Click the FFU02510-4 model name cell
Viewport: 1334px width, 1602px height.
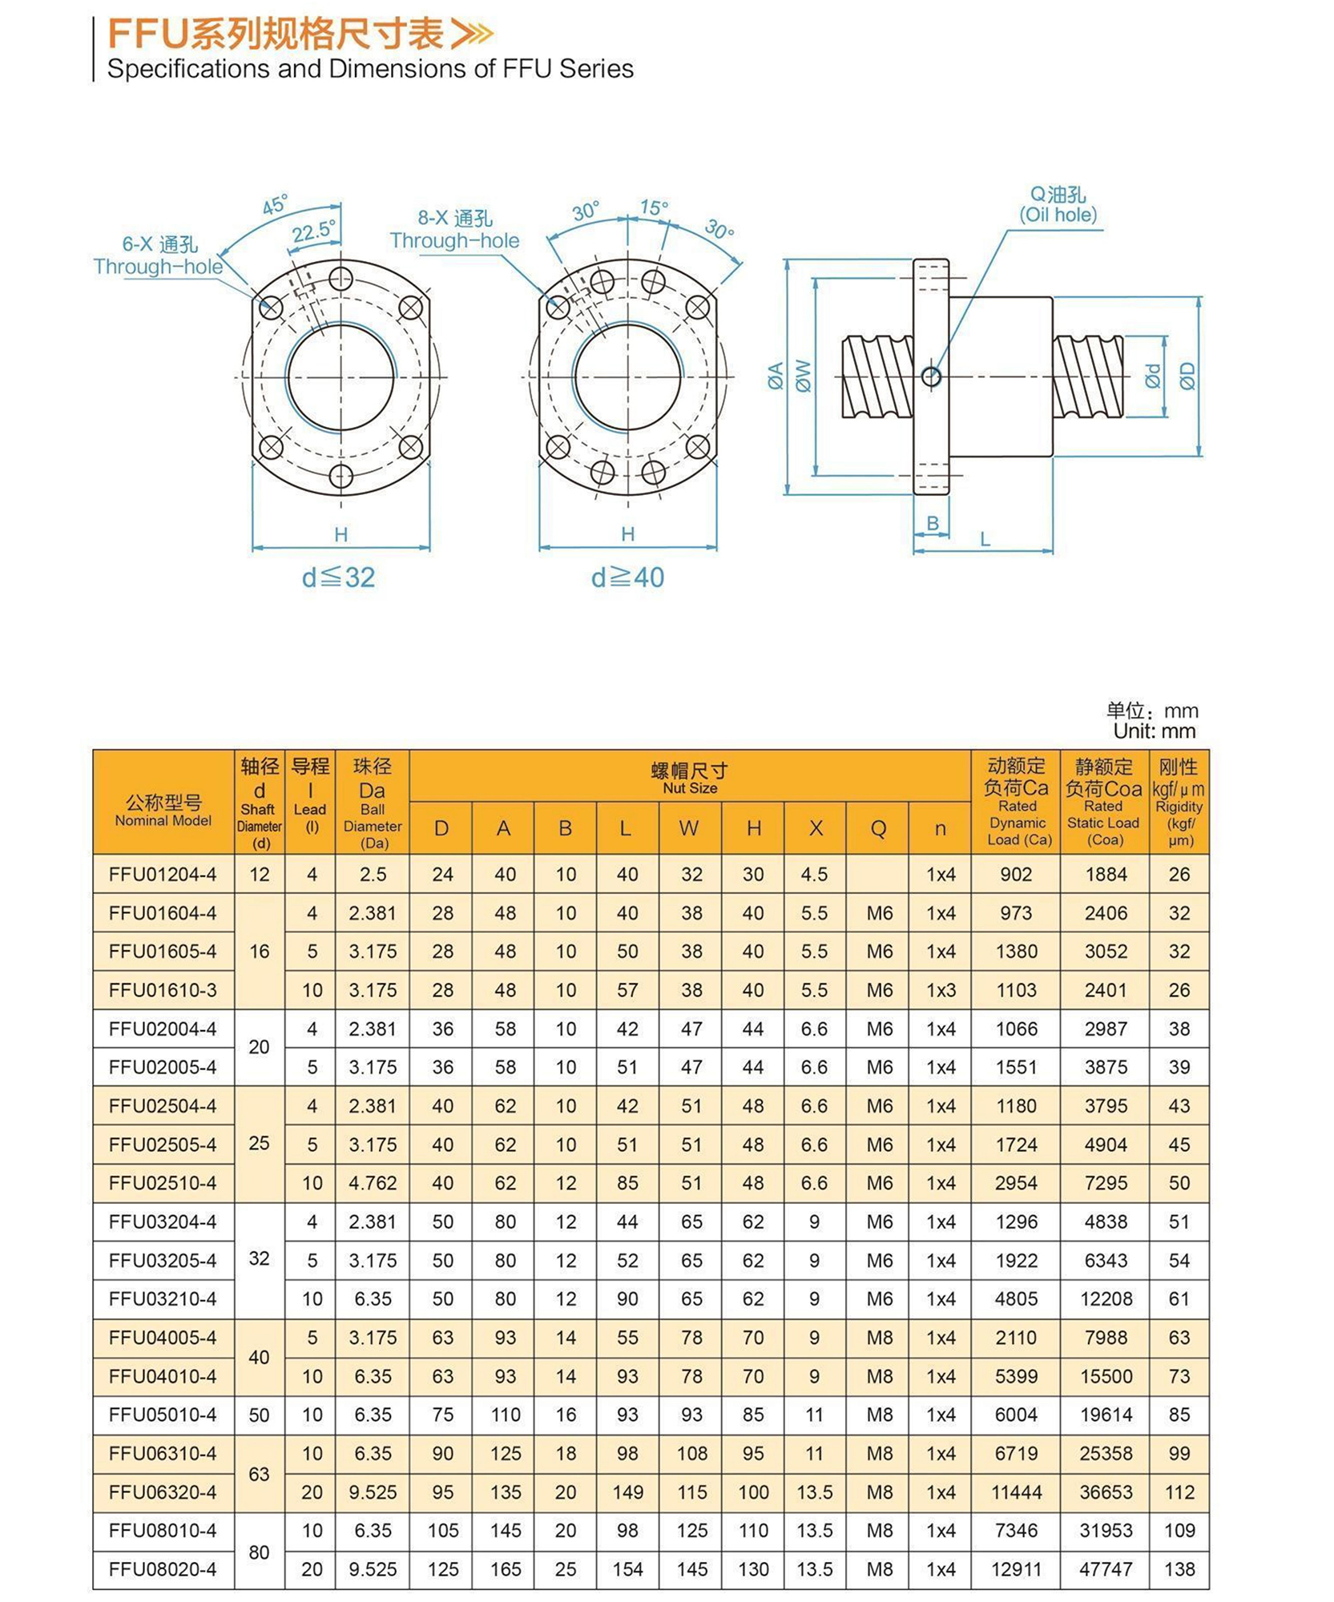tap(163, 1183)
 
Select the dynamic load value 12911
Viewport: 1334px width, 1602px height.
tap(1016, 1569)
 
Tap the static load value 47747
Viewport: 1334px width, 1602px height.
tap(1106, 1569)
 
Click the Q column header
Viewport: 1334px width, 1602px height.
tap(878, 828)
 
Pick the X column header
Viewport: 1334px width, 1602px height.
tap(816, 828)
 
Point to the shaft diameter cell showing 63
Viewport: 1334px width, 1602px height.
tap(259, 1474)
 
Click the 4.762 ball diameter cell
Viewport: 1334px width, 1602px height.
tap(373, 1183)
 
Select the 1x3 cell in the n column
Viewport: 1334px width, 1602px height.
tap(941, 990)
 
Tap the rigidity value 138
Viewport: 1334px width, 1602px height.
tap(1179, 1569)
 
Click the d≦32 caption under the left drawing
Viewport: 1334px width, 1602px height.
tap(338, 578)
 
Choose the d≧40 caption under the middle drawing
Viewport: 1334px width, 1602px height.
tap(627, 578)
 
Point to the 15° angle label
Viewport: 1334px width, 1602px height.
tap(654, 208)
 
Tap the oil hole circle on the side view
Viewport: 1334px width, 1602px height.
tap(931, 376)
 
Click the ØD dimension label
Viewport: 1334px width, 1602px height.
tap(1187, 376)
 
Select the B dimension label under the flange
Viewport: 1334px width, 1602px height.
tap(932, 523)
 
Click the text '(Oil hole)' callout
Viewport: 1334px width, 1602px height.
tap(1058, 215)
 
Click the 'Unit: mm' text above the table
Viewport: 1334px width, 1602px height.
tap(1154, 731)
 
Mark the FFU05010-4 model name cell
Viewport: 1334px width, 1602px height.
tap(163, 1415)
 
